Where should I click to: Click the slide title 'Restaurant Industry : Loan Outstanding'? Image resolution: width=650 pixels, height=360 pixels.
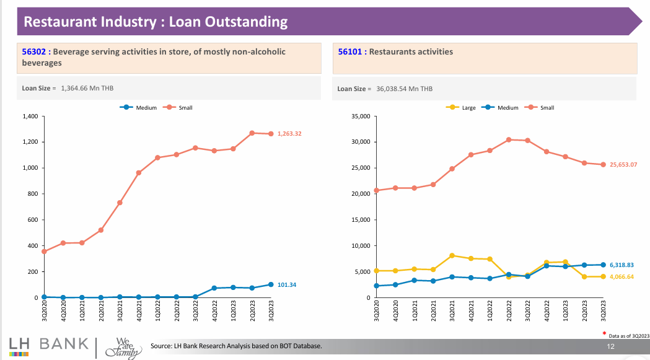click(x=156, y=22)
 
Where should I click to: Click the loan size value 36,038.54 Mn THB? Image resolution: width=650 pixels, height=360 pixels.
click(x=404, y=89)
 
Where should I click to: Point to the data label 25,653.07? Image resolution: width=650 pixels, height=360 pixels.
click(x=623, y=165)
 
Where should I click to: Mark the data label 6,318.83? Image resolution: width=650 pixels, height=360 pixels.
click(x=621, y=265)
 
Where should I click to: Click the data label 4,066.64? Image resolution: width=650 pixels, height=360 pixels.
click(x=621, y=276)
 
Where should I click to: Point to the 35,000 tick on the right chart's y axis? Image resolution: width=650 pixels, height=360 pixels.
click(x=360, y=116)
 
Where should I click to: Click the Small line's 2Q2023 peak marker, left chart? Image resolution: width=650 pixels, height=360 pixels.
click(x=252, y=133)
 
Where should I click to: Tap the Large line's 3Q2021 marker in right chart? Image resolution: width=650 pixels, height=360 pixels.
click(x=452, y=255)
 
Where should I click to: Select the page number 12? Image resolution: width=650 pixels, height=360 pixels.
click(x=610, y=345)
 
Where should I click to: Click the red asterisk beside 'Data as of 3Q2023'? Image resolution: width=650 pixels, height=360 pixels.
click(x=604, y=333)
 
